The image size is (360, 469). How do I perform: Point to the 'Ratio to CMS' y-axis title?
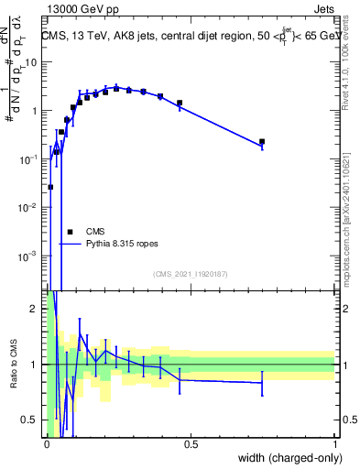point(12,365)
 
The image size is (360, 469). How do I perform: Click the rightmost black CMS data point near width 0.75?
point(262,142)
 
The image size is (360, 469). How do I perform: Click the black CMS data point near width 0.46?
point(180,104)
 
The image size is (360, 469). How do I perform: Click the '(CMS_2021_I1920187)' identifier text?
point(191,274)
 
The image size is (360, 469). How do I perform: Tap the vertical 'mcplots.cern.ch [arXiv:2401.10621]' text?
point(348,220)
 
